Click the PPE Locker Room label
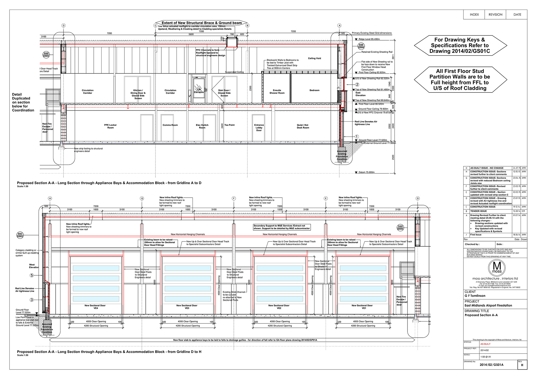(110, 126)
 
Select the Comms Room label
(170, 125)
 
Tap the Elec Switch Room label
(202, 126)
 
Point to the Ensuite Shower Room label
(277, 92)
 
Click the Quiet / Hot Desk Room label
(303, 126)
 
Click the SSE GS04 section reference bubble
(361, 46)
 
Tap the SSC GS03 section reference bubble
(20, 235)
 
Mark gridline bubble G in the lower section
(142, 198)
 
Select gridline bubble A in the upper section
(340, 25)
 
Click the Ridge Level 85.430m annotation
(369, 39)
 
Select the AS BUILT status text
(485, 344)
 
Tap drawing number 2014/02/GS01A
(491, 365)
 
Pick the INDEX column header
(474, 15)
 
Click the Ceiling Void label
(314, 58)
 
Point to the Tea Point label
(229, 125)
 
